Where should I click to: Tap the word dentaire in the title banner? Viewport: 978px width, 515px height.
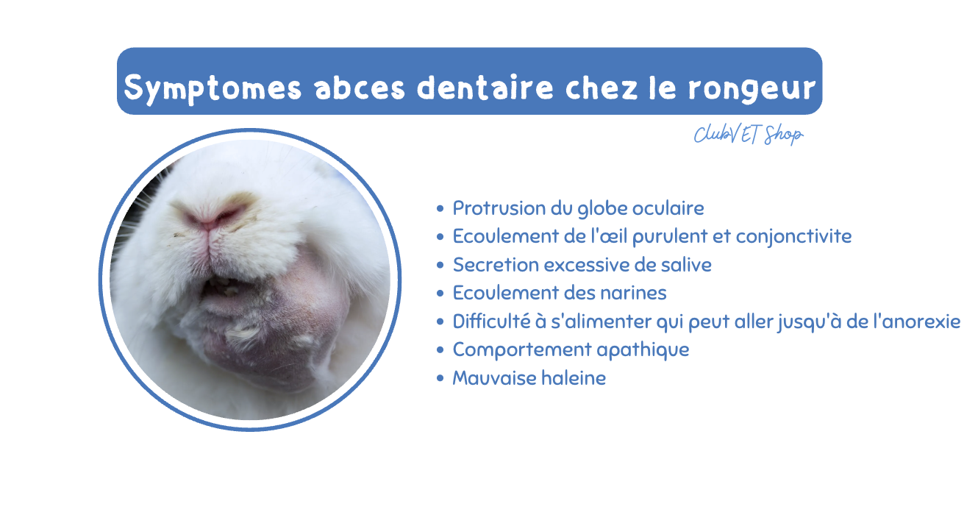[x=485, y=88]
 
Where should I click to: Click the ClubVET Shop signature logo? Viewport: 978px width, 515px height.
[x=749, y=134]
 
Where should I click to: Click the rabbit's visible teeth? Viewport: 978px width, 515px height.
[x=224, y=286]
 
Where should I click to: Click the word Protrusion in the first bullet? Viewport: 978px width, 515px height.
[x=499, y=208]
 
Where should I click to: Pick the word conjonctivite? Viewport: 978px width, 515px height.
[x=793, y=237]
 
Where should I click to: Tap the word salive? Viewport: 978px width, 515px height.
[x=686, y=265]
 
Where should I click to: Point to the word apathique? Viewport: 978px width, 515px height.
[x=643, y=350]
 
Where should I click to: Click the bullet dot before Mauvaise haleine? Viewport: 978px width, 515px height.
[x=440, y=378]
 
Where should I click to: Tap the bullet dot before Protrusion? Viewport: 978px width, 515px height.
[x=440, y=208]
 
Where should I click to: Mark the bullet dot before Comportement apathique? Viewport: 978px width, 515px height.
[x=440, y=350]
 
